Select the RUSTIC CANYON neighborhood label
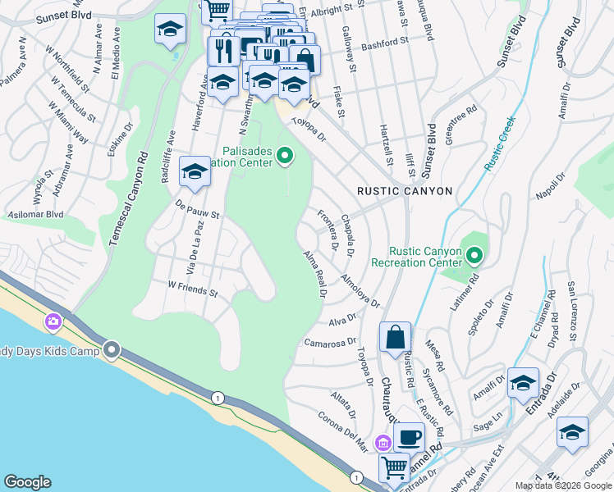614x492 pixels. coord(405,191)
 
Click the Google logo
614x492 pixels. coord(27,482)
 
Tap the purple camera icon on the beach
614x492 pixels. coord(54,321)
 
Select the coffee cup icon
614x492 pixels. coord(409,436)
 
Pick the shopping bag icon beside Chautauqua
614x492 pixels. coord(395,337)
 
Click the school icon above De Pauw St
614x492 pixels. coord(195,171)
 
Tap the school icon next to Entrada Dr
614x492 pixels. coord(523,383)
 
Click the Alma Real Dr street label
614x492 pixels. coord(315,274)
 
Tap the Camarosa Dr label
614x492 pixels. coord(331,342)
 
